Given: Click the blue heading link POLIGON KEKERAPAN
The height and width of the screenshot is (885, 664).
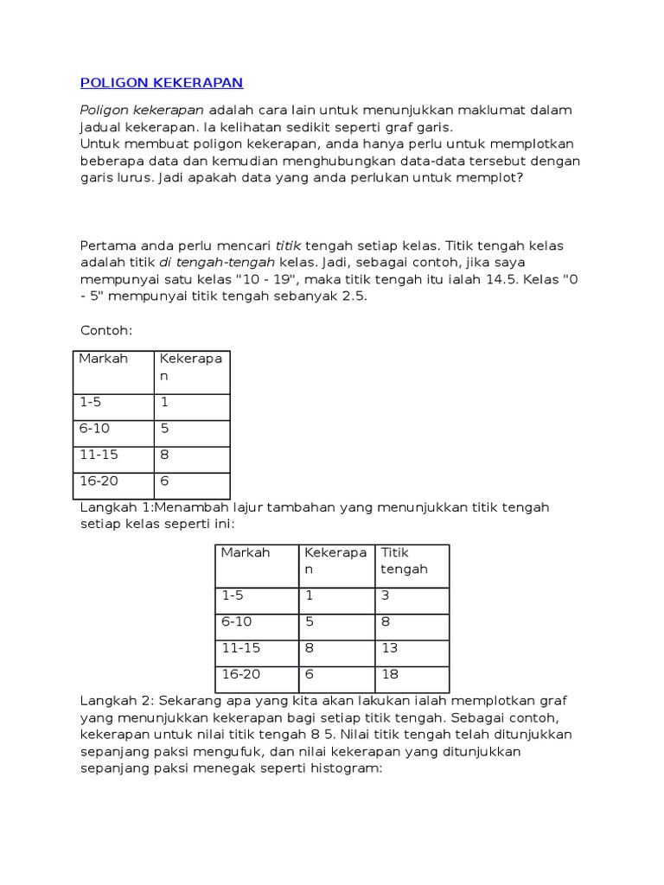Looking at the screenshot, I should coord(162,83).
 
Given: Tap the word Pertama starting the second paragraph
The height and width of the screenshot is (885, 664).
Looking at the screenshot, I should coord(107,245).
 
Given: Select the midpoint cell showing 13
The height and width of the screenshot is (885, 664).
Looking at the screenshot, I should coord(389,647).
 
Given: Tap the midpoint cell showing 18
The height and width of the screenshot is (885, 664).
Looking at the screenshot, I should coord(389,673).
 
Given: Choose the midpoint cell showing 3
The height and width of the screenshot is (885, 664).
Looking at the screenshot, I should coord(385,595).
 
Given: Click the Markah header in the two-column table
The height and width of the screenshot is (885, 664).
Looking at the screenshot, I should coord(103,359).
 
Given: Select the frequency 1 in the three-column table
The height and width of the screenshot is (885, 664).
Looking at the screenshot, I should coord(307,595).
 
